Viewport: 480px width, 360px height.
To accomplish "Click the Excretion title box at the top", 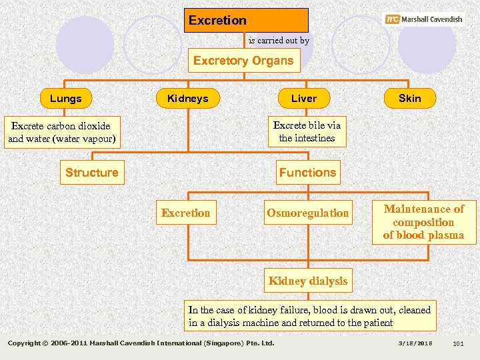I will [246, 20].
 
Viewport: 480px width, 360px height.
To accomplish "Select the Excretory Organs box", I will [243, 61].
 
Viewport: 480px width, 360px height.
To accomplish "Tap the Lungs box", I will [65, 99].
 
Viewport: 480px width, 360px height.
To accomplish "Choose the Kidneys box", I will [188, 99].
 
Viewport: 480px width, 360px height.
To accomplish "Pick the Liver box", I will [304, 99].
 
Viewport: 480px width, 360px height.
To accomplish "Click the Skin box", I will [409, 98].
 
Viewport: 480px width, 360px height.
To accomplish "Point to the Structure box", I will [92, 173].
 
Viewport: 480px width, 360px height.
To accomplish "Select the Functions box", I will [308, 173].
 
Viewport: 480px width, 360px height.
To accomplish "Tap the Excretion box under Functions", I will [185, 213].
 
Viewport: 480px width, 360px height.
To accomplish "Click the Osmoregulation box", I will [308, 213].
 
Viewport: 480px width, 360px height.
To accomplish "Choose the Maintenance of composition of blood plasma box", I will [423, 222].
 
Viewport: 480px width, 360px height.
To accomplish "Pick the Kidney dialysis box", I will [308, 281].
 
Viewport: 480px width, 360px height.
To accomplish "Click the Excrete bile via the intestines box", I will [307, 132].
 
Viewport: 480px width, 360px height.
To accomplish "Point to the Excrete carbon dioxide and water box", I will [61, 133].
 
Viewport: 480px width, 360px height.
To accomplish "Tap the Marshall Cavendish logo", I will [424, 19].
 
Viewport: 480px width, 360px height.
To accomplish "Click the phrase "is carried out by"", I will [279, 41].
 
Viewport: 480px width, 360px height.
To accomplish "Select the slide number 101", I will [458, 343].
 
